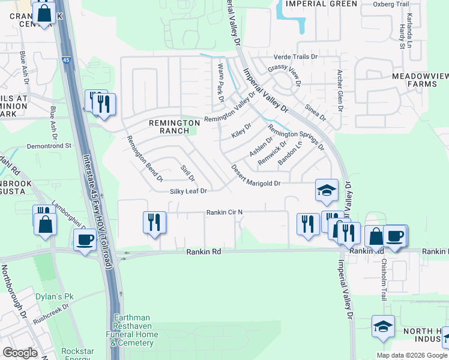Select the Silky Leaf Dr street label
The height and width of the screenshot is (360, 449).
[188, 191]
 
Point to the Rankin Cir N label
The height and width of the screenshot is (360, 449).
[224, 212]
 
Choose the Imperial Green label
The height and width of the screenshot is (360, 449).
[321, 4]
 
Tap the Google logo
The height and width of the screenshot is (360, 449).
[20, 353]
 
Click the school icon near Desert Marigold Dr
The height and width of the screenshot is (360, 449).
[326, 190]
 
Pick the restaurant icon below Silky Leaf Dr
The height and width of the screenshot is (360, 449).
[154, 223]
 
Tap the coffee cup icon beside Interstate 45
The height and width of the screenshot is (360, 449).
[84, 240]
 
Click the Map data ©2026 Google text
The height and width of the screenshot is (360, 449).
[412, 355]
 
